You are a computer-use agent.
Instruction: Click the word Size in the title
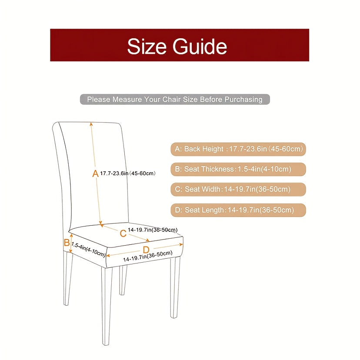click(x=147, y=47)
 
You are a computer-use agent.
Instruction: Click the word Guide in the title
click(x=200, y=47)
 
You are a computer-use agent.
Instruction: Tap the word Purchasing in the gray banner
click(x=243, y=100)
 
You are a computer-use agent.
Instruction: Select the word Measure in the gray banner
click(x=127, y=100)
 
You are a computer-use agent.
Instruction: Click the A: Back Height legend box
click(x=238, y=149)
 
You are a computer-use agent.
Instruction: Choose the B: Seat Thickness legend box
click(x=238, y=170)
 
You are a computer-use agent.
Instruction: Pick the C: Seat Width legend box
click(x=238, y=190)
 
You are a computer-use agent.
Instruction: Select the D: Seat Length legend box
click(x=238, y=210)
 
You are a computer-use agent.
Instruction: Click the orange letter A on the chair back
click(x=95, y=173)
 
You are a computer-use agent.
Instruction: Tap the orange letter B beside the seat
click(x=67, y=243)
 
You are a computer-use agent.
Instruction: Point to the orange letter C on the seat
click(x=123, y=233)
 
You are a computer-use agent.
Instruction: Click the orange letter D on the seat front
click(x=146, y=250)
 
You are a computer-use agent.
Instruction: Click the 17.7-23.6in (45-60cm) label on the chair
click(x=128, y=173)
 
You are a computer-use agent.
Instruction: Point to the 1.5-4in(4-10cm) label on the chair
click(x=88, y=250)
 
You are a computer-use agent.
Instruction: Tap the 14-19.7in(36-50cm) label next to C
click(x=153, y=230)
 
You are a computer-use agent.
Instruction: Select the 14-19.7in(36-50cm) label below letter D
click(x=148, y=257)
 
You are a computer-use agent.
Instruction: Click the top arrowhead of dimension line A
click(x=91, y=124)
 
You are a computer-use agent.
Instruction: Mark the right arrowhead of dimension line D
click(x=181, y=245)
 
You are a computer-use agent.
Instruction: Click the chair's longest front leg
click(x=107, y=306)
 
